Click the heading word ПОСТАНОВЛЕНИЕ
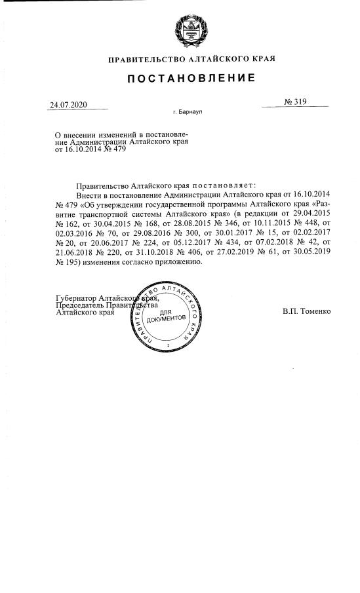[x=190, y=79]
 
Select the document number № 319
[x=296, y=102]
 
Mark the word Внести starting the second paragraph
[x=89, y=195]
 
